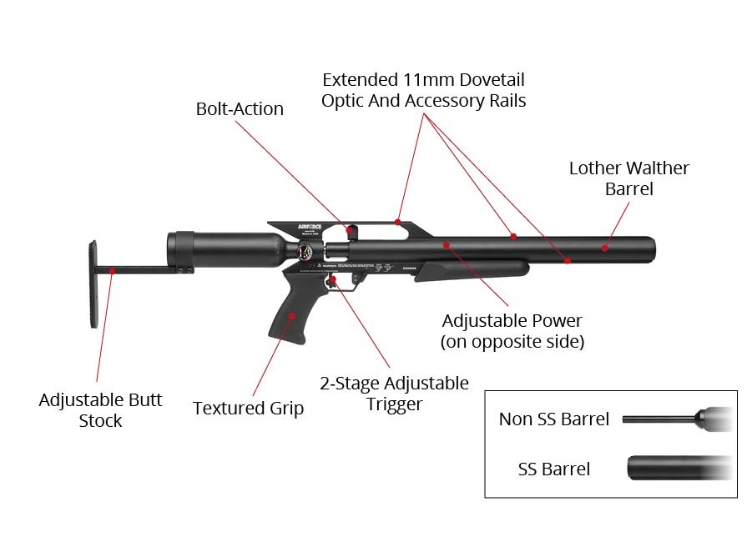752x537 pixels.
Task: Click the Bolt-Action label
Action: coord(240,109)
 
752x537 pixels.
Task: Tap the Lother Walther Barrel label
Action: coord(628,178)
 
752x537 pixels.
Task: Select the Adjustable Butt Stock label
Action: coord(100,410)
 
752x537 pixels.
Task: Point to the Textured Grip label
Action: coord(248,409)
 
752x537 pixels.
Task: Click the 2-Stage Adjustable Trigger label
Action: coord(394,394)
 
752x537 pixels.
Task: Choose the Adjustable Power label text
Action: coord(512,331)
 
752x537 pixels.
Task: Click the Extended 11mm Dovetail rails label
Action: coord(423,90)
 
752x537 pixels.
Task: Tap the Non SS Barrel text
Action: coord(554,419)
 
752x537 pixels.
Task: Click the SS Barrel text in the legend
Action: coord(553,469)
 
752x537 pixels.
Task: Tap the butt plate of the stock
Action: coord(93,284)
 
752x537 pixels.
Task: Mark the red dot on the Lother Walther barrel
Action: coord(604,248)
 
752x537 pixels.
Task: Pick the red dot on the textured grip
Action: coord(291,316)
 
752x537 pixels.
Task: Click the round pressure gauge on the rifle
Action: coord(305,252)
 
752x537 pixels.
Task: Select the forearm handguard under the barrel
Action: coord(472,270)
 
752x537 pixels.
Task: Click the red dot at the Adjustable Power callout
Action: coord(447,245)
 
